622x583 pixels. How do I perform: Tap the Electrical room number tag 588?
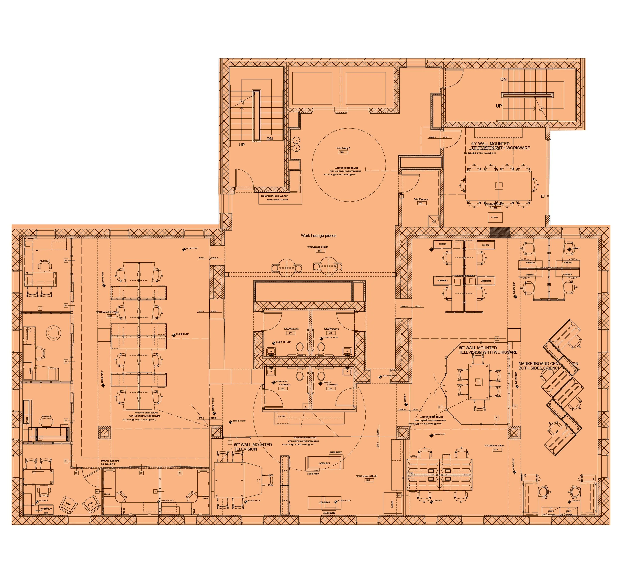420,203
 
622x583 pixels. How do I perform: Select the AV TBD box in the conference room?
494,217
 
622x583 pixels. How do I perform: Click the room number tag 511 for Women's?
291,333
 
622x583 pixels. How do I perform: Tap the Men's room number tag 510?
282,389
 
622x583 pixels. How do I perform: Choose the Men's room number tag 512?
330,389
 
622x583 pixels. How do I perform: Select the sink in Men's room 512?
347,372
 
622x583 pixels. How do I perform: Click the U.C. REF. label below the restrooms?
282,416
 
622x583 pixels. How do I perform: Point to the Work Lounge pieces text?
318,236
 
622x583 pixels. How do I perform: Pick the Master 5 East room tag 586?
496,450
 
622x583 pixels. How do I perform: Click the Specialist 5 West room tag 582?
110,316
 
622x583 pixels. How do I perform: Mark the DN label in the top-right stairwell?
503,79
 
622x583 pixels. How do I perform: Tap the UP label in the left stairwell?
242,145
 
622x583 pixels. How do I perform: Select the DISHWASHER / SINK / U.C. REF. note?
275,198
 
